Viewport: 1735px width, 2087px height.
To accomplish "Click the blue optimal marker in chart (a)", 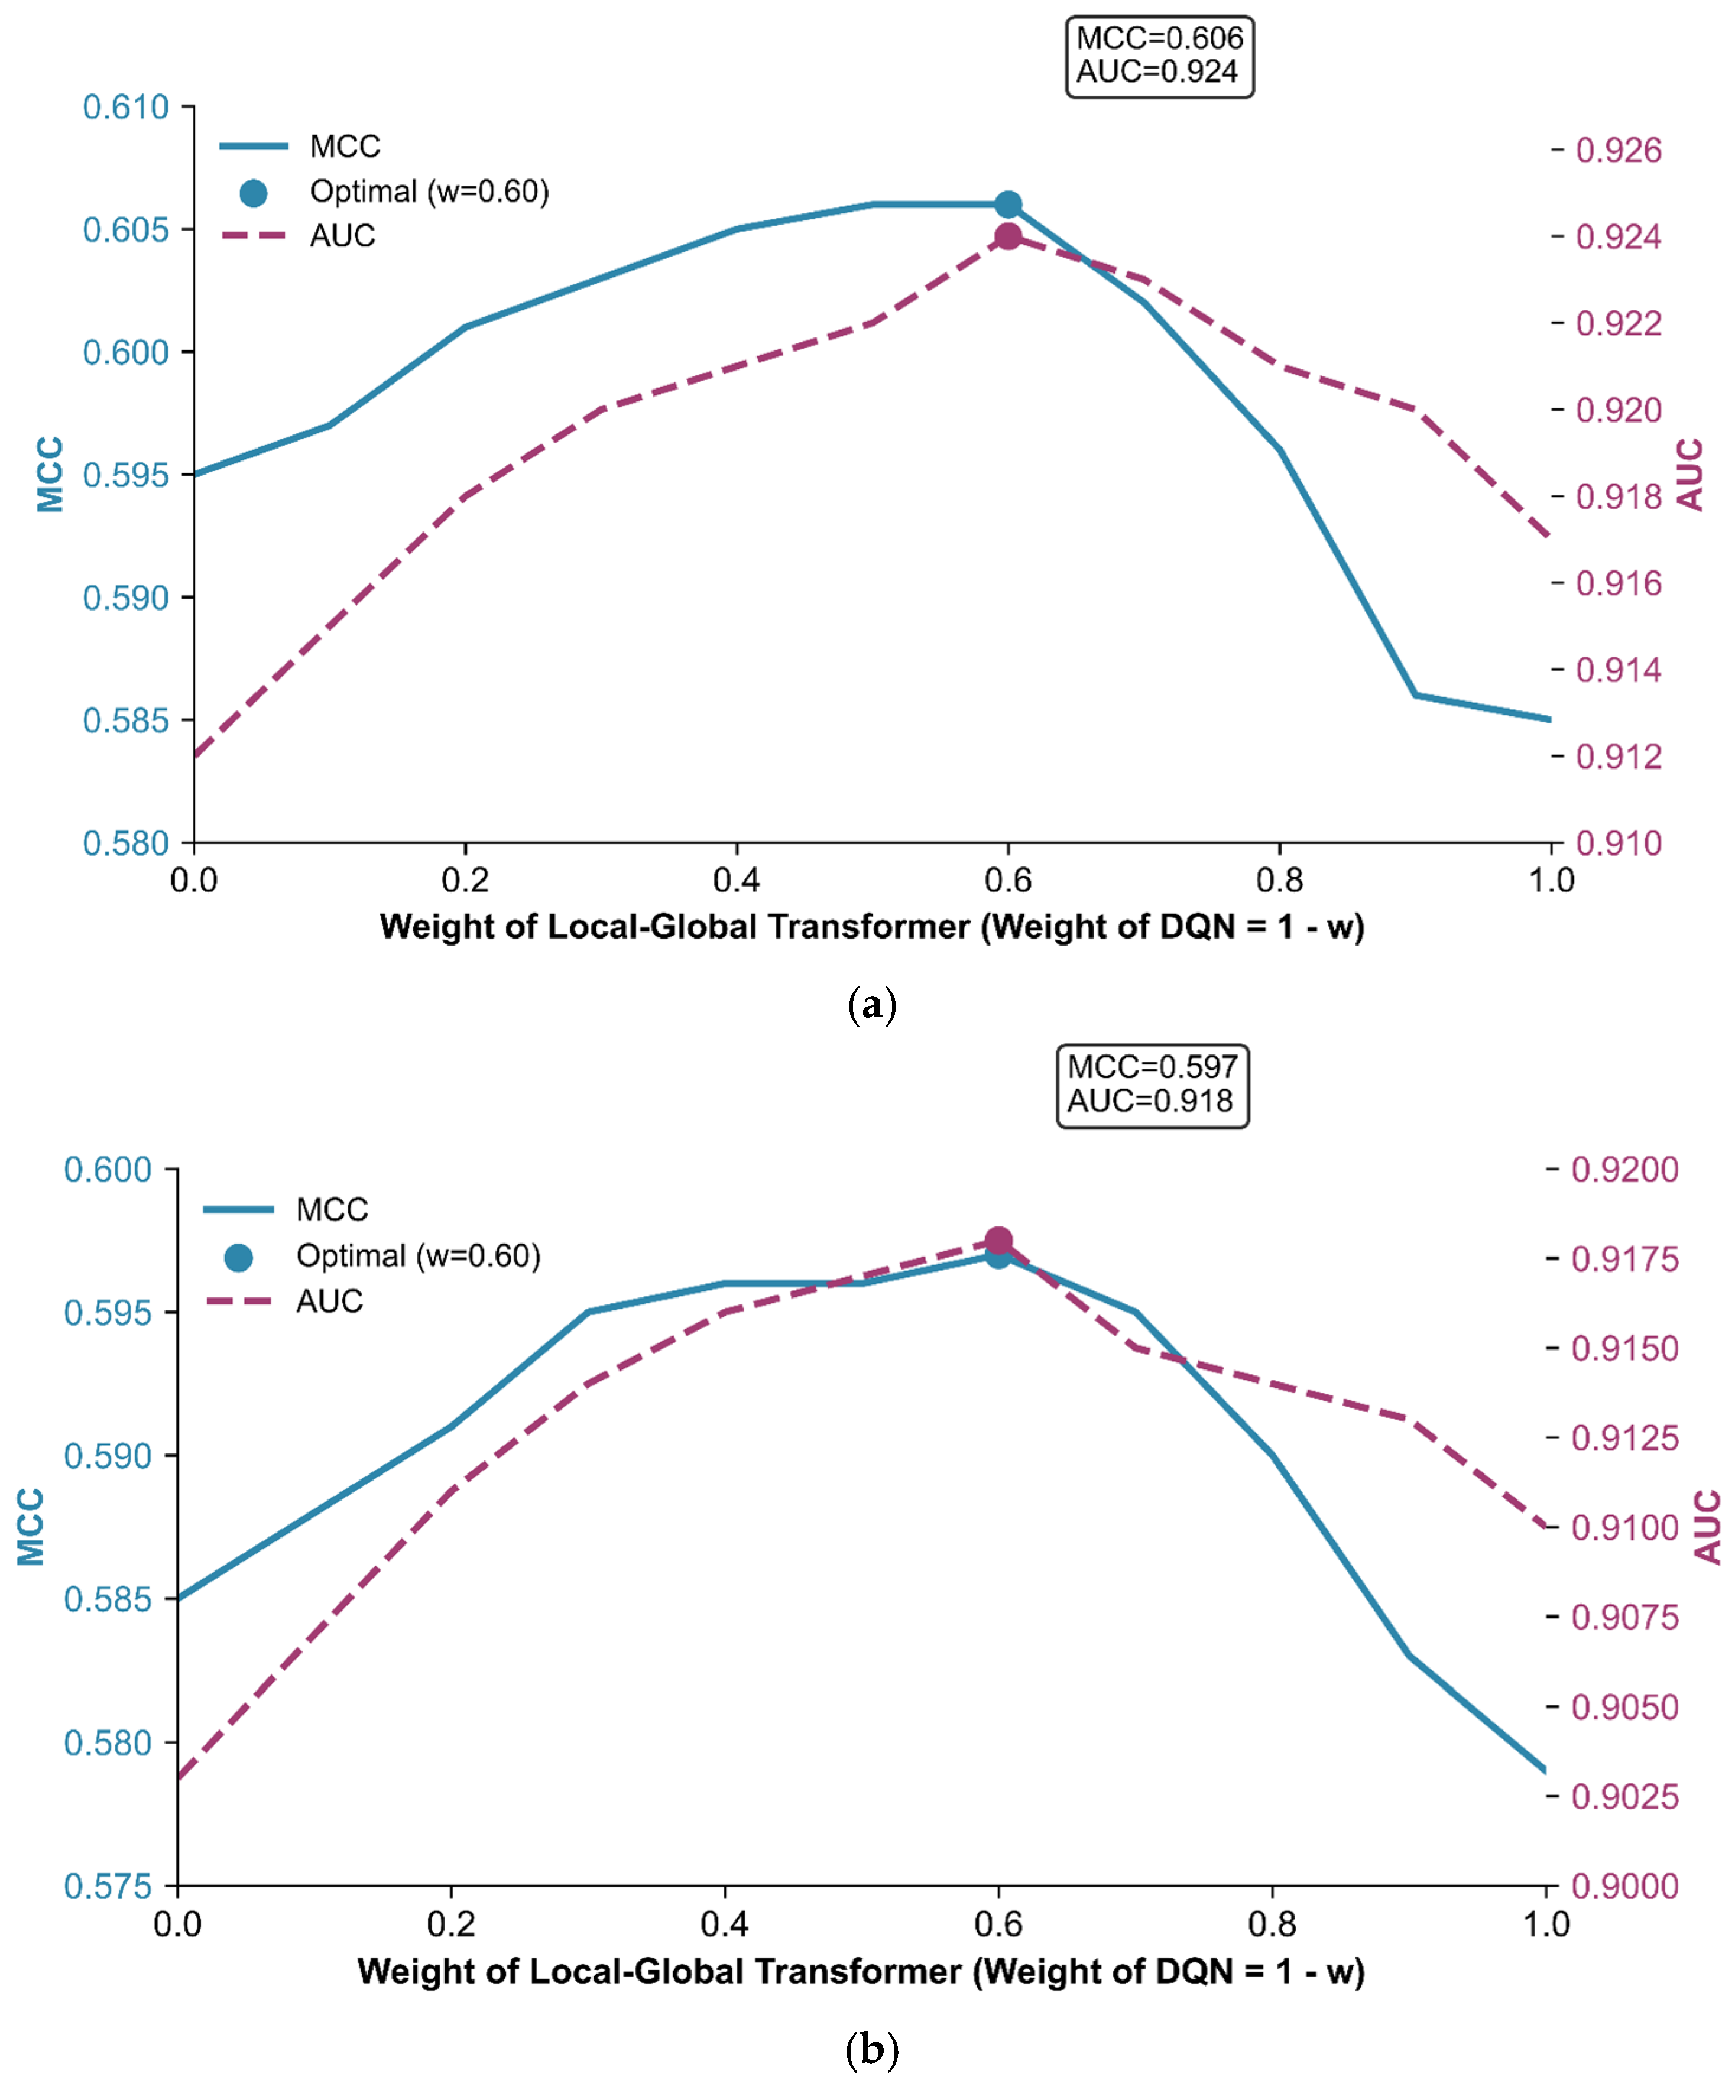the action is tap(1008, 205).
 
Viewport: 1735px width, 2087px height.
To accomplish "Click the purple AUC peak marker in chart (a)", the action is tap(1008, 236).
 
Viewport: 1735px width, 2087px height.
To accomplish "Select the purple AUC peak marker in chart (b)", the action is tap(998, 1240).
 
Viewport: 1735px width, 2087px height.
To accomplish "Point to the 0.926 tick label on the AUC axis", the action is tap(1619, 150).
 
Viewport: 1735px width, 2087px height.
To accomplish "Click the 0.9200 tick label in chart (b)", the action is tap(1624, 1170).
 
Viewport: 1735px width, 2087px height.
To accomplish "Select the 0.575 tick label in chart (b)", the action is tap(108, 1886).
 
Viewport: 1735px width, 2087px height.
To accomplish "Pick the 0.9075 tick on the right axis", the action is tap(1624, 1617).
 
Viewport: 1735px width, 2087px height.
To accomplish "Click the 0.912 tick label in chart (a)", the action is tap(1619, 757).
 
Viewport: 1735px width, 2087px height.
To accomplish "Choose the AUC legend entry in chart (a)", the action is tap(298, 235).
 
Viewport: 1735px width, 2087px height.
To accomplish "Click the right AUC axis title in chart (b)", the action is tap(1706, 1527).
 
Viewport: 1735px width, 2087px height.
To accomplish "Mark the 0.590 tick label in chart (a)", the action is tap(126, 598).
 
